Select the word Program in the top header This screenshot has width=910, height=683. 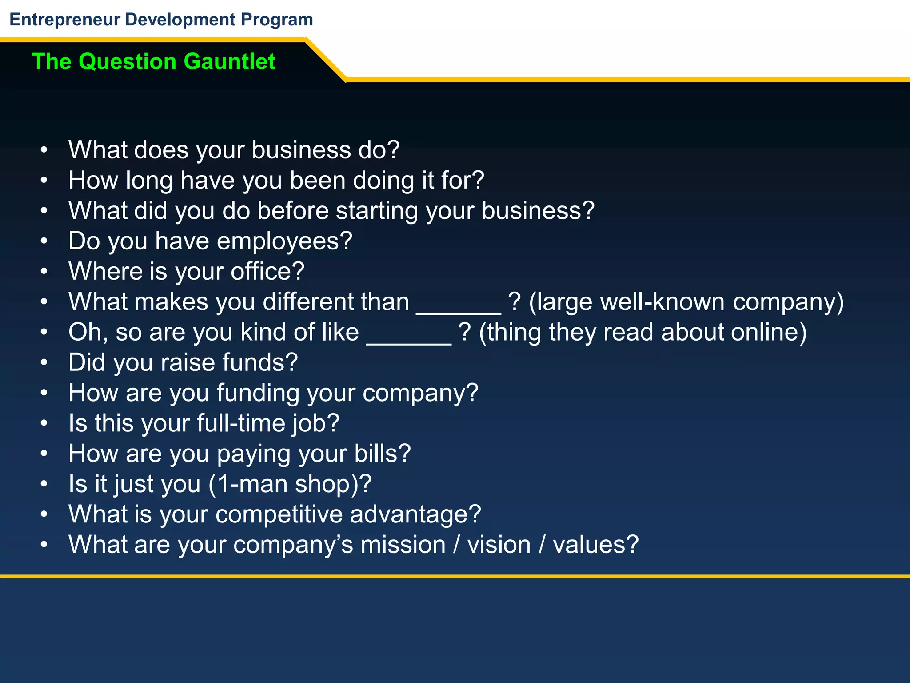pyautogui.click(x=277, y=20)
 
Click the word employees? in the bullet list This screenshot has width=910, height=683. pyautogui.click(x=284, y=241)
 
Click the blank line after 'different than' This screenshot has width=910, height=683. pyautogui.click(x=459, y=311)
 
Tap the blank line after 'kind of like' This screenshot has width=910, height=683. pyautogui.click(x=409, y=341)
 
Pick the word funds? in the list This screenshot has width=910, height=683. pyautogui.click(x=260, y=362)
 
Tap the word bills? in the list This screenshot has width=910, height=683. pyautogui.click(x=382, y=454)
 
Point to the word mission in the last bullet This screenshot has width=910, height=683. pyautogui.click(x=403, y=545)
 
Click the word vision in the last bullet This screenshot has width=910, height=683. pyautogui.click(x=499, y=545)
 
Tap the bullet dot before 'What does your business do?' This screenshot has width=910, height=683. pyautogui.click(x=44, y=150)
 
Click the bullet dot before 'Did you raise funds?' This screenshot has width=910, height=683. pyautogui.click(x=44, y=363)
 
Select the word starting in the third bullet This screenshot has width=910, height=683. pyautogui.click(x=377, y=211)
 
